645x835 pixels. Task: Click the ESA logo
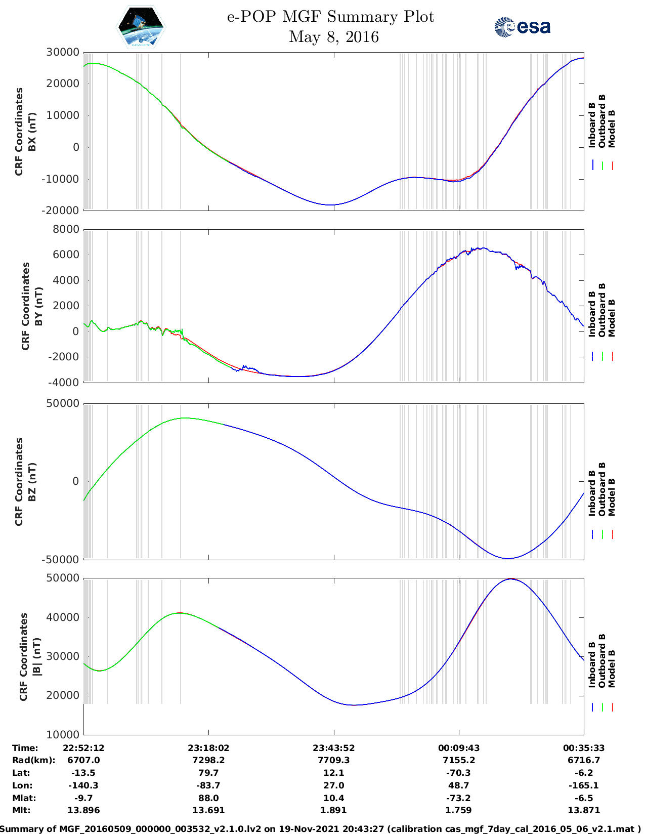(523, 27)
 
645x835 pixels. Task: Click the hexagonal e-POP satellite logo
(141, 27)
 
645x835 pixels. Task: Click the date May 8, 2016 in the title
(333, 37)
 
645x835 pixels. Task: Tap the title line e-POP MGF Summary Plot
(330, 17)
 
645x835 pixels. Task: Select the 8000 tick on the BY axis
(66, 229)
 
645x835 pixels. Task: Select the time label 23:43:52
(333, 748)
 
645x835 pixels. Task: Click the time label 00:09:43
(459, 748)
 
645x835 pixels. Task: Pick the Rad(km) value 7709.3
(333, 760)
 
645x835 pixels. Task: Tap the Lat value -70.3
(459, 773)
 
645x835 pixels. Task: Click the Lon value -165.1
(584, 785)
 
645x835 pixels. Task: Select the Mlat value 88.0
(208, 798)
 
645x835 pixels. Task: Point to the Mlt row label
(21, 810)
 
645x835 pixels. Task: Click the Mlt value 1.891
(333, 810)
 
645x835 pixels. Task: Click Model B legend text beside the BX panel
(612, 129)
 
